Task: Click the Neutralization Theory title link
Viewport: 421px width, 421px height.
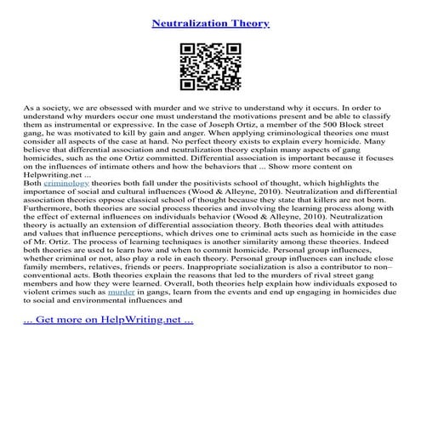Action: [x=210, y=23]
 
